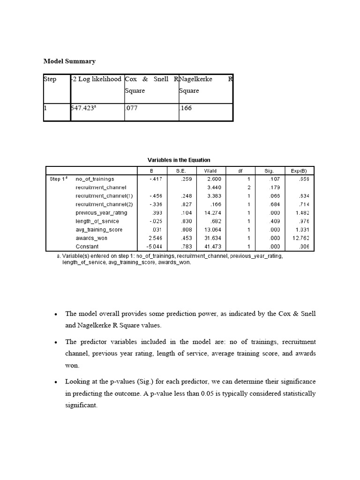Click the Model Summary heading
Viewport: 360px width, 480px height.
tap(69, 61)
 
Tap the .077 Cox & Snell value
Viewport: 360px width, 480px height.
tap(132, 108)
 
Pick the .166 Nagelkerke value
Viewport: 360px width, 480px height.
tap(186, 108)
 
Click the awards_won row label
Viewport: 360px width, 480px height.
tap(92, 238)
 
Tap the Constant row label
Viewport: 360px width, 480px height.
tap(88, 246)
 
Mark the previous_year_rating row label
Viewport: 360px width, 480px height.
tap(101, 212)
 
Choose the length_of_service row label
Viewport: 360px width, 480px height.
tap(97, 221)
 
